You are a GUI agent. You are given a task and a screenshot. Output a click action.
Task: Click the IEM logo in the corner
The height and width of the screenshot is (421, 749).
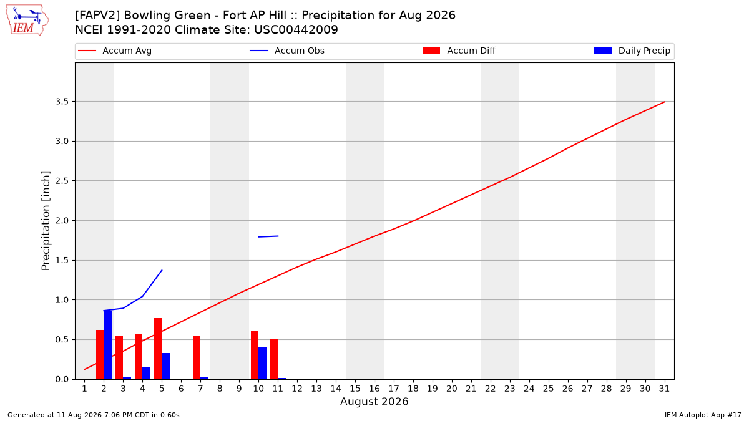pos(27,21)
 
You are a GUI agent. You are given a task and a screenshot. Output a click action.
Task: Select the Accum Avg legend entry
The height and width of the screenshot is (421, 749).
pos(115,51)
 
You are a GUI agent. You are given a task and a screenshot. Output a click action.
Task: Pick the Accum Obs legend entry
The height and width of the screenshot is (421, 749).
pos(287,51)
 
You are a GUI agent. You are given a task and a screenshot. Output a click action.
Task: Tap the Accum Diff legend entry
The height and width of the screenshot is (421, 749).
pos(459,51)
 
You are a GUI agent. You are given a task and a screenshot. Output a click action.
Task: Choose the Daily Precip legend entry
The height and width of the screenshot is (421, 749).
pos(632,51)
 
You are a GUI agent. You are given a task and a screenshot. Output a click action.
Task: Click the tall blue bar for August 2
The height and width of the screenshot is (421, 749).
pos(107,344)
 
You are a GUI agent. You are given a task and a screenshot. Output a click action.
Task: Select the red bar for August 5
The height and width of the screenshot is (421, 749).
pos(158,349)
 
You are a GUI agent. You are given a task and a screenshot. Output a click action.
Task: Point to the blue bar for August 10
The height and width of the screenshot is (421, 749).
pos(263,363)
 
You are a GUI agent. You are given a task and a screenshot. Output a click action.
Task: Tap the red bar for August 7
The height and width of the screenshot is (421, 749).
pos(197,357)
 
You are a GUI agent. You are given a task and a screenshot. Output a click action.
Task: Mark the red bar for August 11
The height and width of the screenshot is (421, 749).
pos(274,359)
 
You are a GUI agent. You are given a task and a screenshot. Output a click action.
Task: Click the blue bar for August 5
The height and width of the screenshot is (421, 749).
pos(166,366)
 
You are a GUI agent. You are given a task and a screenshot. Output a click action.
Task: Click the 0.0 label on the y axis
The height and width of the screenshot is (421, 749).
pos(62,379)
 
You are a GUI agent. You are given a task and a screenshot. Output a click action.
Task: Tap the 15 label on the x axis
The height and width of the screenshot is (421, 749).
pos(355,389)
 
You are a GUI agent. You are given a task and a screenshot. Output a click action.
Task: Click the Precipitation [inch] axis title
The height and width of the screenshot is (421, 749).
pos(46,221)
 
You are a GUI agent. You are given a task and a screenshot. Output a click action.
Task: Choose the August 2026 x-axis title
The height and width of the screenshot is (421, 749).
pos(374,401)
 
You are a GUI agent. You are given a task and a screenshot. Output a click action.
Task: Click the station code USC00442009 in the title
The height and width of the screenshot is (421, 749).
pos(296,30)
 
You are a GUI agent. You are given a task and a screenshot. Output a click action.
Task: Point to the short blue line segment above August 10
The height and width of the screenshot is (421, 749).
pos(268,236)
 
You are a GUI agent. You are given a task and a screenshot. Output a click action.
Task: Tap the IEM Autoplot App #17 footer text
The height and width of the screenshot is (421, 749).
pos(703,415)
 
